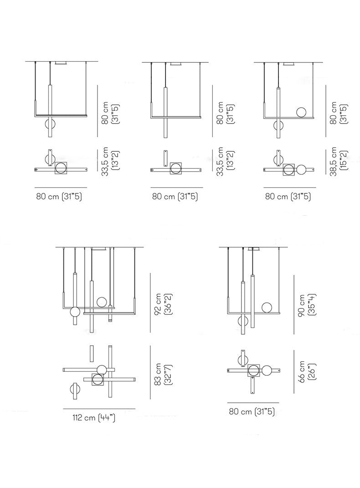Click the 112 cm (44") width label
pyautogui.click(x=94, y=418)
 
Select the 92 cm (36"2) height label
pyautogui.click(x=163, y=304)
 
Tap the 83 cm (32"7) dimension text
pyautogui.click(x=163, y=374)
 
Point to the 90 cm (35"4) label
pyautogui.click(x=307, y=305)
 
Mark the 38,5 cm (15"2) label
pyautogui.click(x=338, y=161)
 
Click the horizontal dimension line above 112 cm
pyautogui.click(x=99, y=408)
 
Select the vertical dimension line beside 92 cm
pyautogui.click(x=150, y=303)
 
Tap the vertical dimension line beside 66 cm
pyautogui.click(x=294, y=371)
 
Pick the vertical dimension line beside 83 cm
pyautogui.click(x=150, y=372)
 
